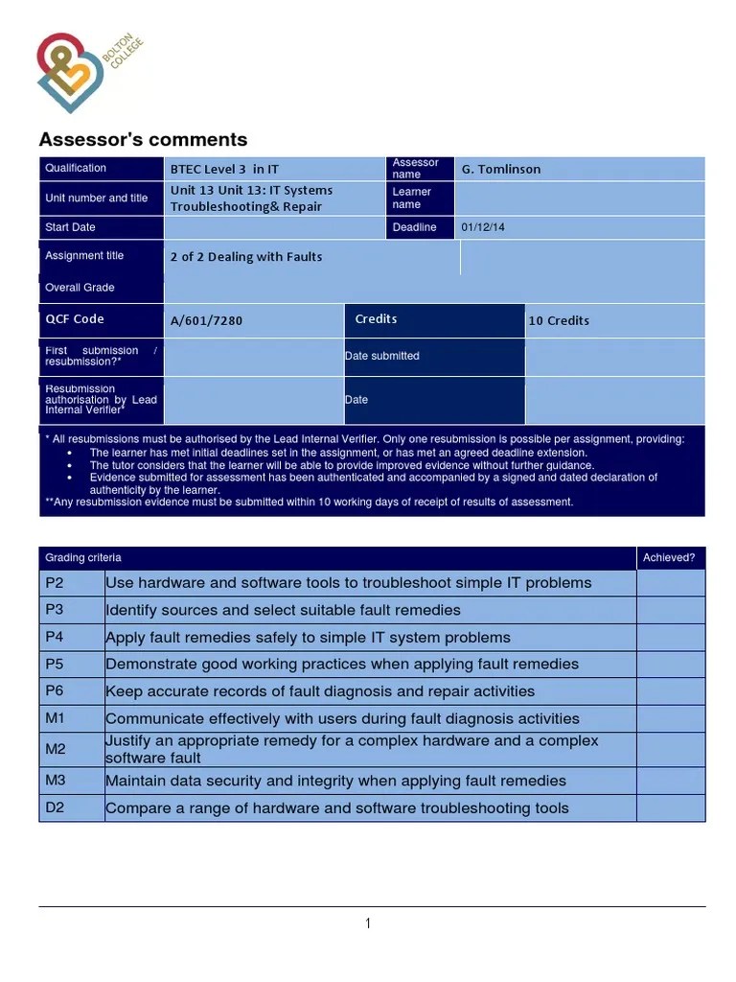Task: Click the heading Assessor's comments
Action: click(x=143, y=140)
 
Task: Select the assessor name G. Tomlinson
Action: click(x=501, y=169)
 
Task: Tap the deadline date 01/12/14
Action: click(x=482, y=227)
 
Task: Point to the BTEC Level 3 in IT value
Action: click(x=224, y=169)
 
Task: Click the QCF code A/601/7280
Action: click(x=206, y=320)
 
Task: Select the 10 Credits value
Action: click(x=559, y=320)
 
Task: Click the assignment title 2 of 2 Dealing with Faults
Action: click(x=246, y=257)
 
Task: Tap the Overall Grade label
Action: click(x=80, y=288)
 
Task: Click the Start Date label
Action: click(x=70, y=227)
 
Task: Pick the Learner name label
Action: click(x=412, y=198)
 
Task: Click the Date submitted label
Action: click(x=382, y=356)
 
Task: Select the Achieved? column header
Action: click(x=669, y=557)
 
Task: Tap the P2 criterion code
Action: click(x=55, y=583)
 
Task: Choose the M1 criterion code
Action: click(x=56, y=718)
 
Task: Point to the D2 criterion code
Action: click(x=56, y=807)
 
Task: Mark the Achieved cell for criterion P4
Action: click(x=670, y=638)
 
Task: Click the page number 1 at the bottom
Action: click(x=368, y=924)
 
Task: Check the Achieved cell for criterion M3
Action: click(x=670, y=781)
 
